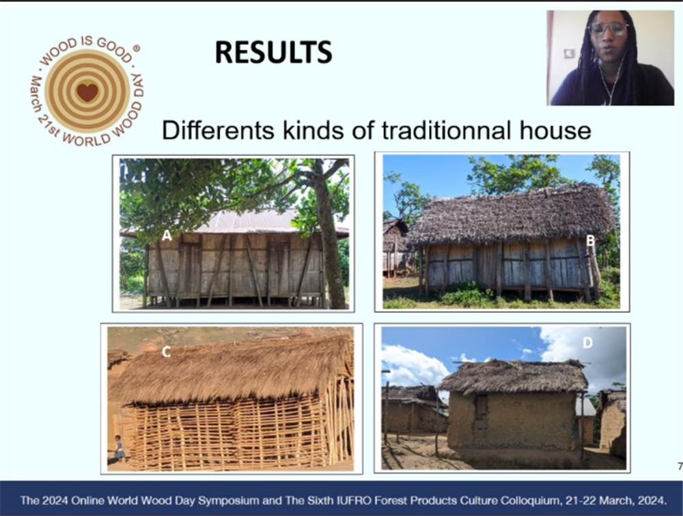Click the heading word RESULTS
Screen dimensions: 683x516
coord(274,53)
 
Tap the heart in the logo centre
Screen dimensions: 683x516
coord(87,92)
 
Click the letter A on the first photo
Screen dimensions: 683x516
coord(167,236)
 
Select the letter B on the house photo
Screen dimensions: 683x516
coord(590,240)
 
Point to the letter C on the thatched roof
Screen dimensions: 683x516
coord(166,352)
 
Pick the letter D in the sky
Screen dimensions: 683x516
coord(587,343)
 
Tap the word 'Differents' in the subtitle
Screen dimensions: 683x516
coord(219,130)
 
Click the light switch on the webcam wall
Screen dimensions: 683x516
coord(570,53)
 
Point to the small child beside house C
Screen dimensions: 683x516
coord(119,448)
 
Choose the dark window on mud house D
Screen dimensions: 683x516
coord(481,407)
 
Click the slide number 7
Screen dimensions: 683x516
coord(680,466)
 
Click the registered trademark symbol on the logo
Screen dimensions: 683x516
coord(137,49)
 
